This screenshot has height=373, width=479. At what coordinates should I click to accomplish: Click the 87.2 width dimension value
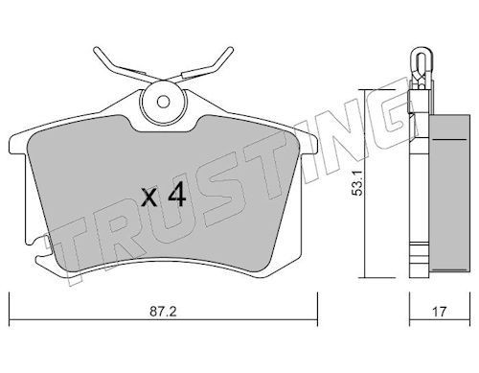point(163,312)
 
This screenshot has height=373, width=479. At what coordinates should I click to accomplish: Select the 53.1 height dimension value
point(356,183)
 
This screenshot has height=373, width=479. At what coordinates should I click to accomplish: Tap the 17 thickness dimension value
point(440,312)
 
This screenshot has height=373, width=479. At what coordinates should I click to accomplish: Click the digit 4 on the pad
point(177,196)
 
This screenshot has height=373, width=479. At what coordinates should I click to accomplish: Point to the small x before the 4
point(149,198)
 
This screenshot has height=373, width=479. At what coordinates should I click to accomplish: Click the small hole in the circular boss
point(164,102)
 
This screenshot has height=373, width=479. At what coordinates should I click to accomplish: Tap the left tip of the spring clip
point(96,50)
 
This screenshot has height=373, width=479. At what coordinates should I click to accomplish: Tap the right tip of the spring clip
point(231,50)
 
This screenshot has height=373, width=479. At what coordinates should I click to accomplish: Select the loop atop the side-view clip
point(422,60)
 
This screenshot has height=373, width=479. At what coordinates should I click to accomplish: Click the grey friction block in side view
point(449,194)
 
